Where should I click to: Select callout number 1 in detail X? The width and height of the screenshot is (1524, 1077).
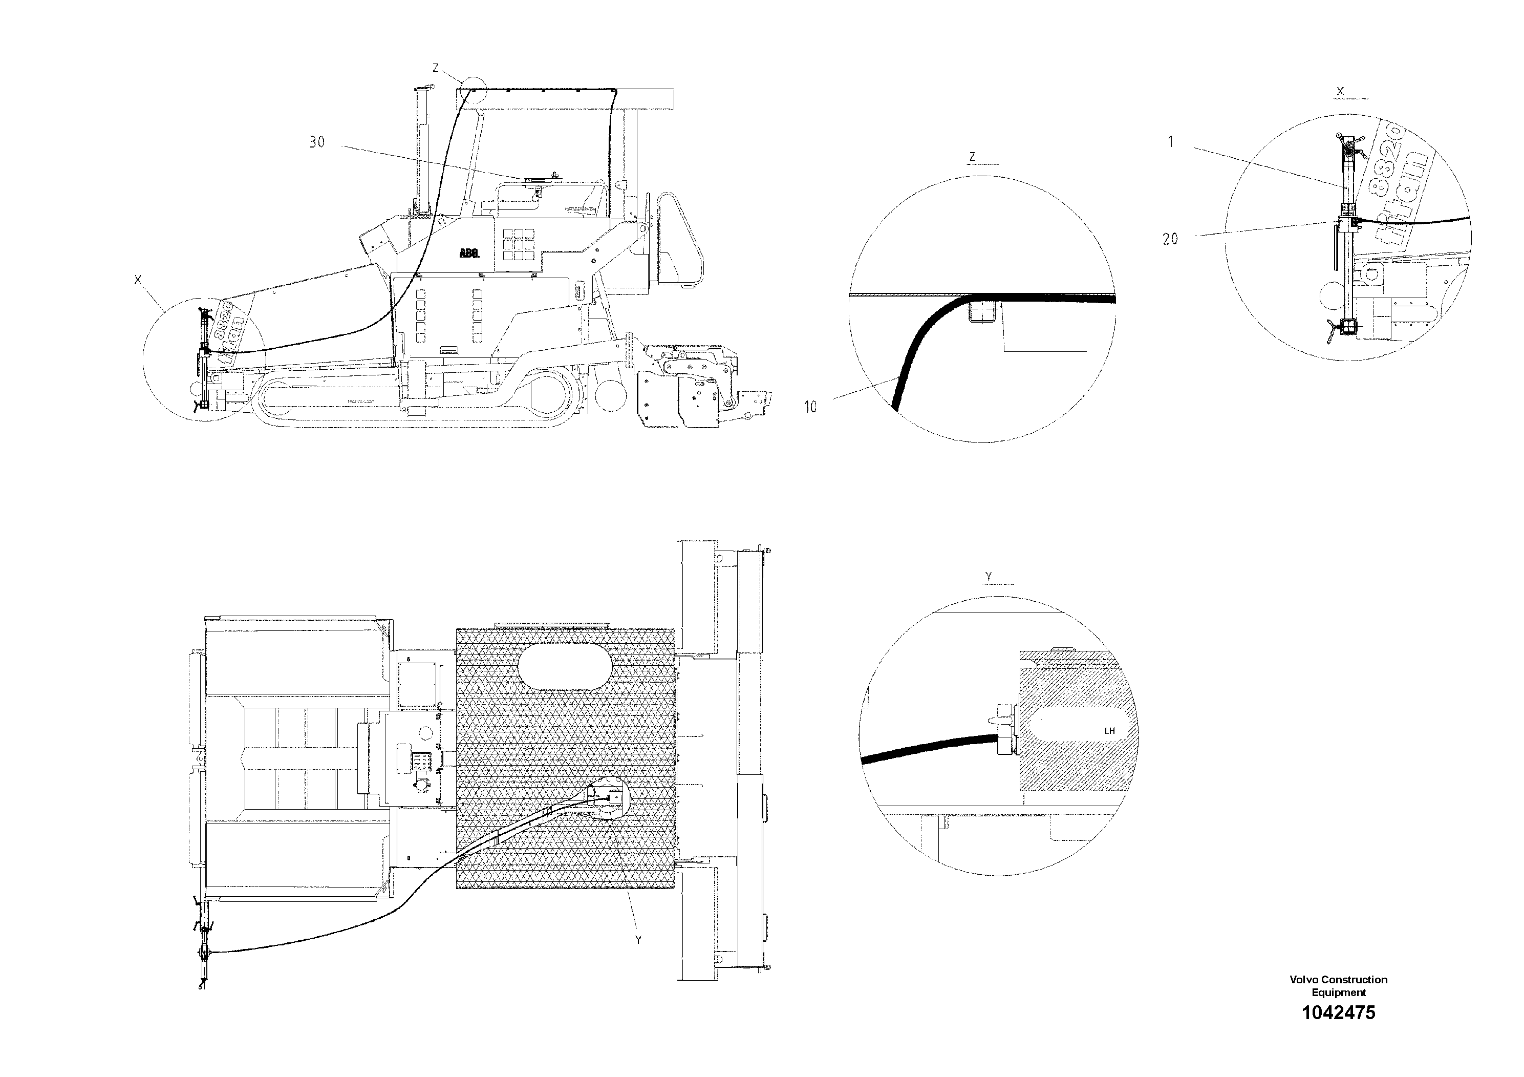click(1171, 141)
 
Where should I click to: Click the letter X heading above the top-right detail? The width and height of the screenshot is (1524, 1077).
click(1340, 92)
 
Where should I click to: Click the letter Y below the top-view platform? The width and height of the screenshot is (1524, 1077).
click(638, 940)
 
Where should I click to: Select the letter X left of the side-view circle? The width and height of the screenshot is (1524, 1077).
click(138, 280)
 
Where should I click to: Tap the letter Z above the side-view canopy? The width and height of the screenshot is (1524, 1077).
click(436, 68)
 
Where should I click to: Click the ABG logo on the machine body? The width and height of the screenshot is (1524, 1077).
click(469, 253)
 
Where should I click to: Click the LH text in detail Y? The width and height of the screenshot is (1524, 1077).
click(1109, 731)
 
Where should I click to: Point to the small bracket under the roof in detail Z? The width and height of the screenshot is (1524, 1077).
click(982, 311)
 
